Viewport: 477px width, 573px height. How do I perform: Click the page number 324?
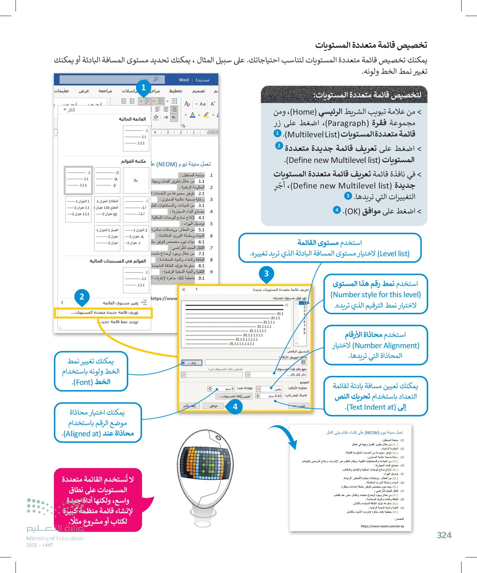pos(444,535)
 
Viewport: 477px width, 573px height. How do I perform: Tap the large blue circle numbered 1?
pos(143,88)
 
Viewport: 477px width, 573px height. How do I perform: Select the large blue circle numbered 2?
pos(82,297)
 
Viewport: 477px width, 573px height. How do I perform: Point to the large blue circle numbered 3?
pos(266,273)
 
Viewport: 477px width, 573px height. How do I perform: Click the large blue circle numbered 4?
pos(235,407)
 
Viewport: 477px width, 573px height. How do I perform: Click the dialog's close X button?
pos(184,290)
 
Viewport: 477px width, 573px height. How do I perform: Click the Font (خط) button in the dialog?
pos(192,363)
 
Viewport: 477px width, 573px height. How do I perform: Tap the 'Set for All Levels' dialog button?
pos(234,396)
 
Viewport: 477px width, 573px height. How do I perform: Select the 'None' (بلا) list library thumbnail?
pos(136,180)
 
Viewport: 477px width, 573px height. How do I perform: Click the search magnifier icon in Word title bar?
pos(156,79)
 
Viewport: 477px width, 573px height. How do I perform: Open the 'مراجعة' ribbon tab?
pos(105,91)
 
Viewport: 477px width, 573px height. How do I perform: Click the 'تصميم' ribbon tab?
pos(198,91)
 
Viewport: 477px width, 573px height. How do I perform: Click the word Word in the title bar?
pos(184,80)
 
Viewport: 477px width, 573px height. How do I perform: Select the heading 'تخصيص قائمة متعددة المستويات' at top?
pos(371,45)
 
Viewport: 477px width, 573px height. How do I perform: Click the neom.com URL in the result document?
pos(382,526)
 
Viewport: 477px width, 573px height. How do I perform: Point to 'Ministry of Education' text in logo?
pos(55,538)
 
